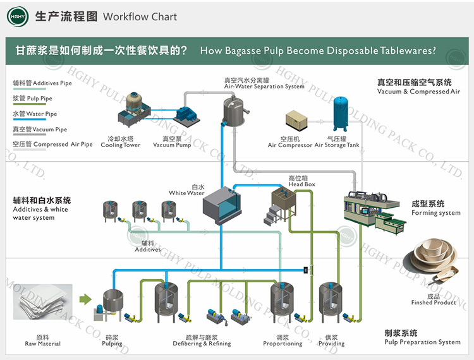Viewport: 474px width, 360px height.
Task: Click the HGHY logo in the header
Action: click(x=18, y=16)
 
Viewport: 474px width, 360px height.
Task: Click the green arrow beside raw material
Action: click(x=85, y=298)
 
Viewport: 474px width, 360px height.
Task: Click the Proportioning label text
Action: click(x=283, y=344)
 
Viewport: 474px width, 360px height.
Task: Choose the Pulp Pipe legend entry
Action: click(x=33, y=99)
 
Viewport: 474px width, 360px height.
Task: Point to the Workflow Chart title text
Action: click(x=140, y=16)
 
